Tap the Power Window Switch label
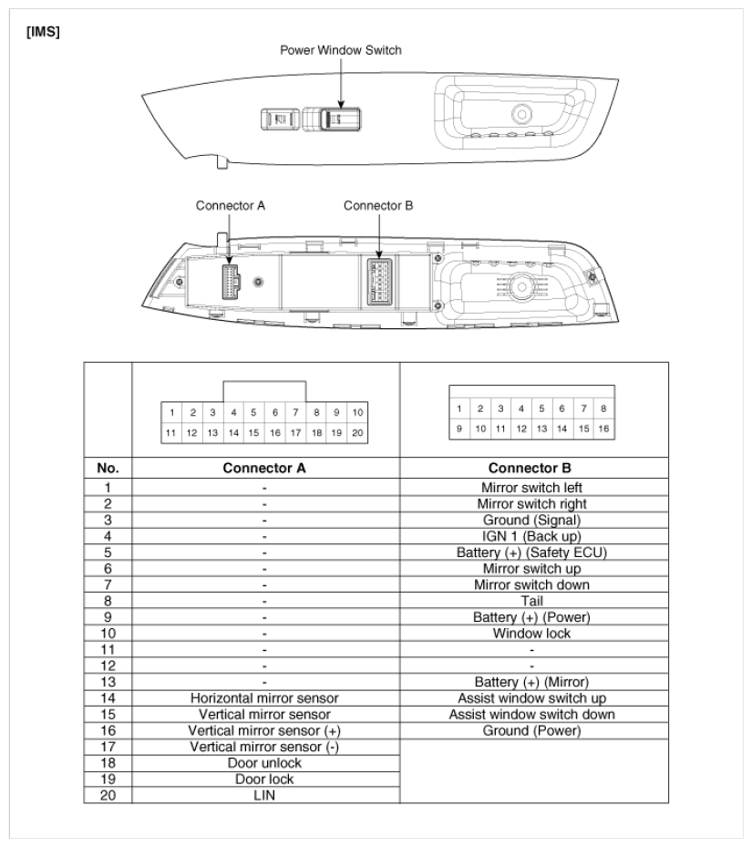339,50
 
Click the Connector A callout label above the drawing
231,205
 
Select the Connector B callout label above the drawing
378,205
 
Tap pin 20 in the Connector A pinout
357,431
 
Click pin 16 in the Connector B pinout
603,427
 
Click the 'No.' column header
109,471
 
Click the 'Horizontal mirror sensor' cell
264,698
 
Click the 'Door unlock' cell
264,763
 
